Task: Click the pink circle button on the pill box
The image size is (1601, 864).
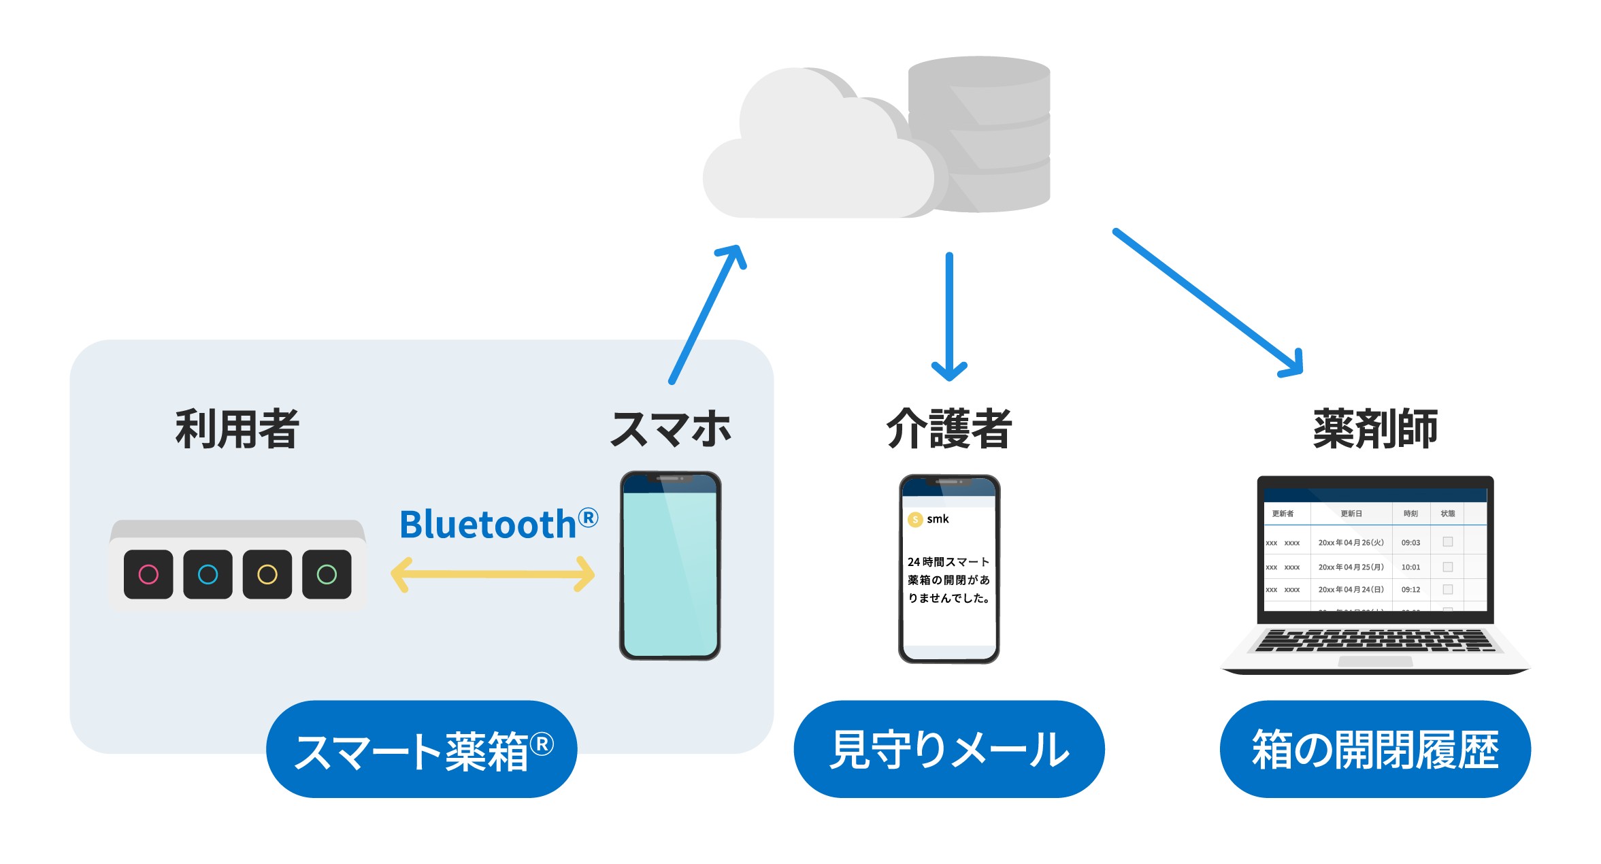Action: tap(148, 574)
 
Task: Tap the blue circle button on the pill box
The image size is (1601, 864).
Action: tap(208, 574)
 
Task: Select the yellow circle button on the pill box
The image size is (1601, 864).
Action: tap(267, 574)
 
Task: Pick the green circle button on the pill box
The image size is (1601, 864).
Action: tap(327, 574)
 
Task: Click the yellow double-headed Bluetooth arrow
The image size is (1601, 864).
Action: tap(493, 574)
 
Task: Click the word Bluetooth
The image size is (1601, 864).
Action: tap(489, 525)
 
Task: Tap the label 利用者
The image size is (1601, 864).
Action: tap(237, 429)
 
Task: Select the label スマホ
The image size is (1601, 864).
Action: tap(671, 429)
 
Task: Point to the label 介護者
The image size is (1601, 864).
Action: tap(949, 429)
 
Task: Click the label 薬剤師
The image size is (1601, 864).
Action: tap(1375, 429)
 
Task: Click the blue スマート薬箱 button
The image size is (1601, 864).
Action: tap(422, 749)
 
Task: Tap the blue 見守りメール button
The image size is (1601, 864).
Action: tap(949, 749)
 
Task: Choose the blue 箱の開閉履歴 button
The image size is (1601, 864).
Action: tap(1375, 749)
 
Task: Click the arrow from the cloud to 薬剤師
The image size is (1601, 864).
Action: tap(1208, 301)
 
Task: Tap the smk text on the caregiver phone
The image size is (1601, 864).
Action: tap(938, 519)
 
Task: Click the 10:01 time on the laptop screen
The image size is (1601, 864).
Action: tap(1410, 567)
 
